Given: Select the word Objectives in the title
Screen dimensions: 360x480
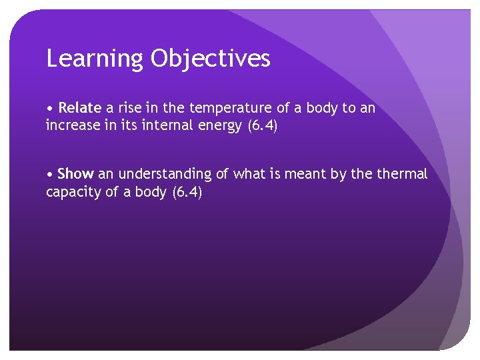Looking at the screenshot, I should [x=210, y=59].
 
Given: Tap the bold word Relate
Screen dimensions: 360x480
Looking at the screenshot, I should [x=80, y=108].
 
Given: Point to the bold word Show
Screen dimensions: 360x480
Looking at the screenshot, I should [x=75, y=174].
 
